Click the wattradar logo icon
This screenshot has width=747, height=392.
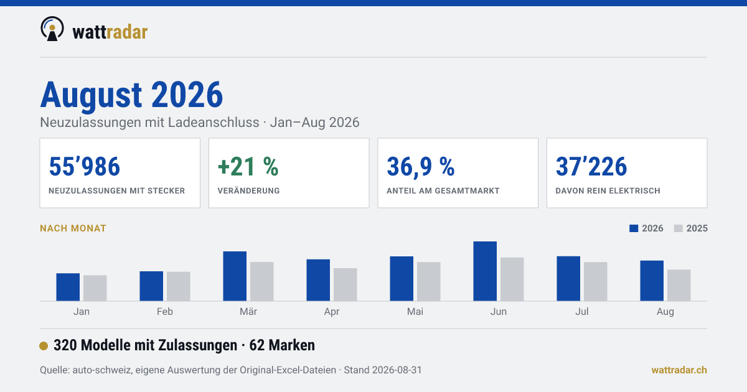[x=52, y=29]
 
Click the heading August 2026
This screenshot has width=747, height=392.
[x=131, y=95]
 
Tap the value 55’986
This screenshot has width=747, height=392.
[x=85, y=166]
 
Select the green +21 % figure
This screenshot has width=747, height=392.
[x=248, y=166]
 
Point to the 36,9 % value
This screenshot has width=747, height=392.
[x=421, y=167]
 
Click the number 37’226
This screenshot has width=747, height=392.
[x=591, y=166]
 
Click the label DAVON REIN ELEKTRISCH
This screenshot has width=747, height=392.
[x=608, y=190]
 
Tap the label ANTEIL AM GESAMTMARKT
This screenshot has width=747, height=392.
[x=443, y=190]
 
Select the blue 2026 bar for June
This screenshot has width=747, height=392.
[x=485, y=271]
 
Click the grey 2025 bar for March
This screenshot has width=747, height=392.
[x=262, y=282]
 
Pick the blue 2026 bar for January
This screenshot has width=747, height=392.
[x=68, y=287]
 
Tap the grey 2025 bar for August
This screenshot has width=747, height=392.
[x=679, y=286]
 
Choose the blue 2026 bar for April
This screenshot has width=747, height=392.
[x=318, y=281]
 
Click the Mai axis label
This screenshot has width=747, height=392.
[x=415, y=312]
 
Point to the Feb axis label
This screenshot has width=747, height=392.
[x=165, y=312]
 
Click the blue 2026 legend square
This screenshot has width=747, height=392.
[x=634, y=228]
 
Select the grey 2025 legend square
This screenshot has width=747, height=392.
[x=679, y=228]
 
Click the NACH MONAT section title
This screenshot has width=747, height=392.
[x=73, y=228]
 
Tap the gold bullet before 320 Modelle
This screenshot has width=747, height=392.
[x=44, y=346]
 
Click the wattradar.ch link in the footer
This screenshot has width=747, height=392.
[x=679, y=370]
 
